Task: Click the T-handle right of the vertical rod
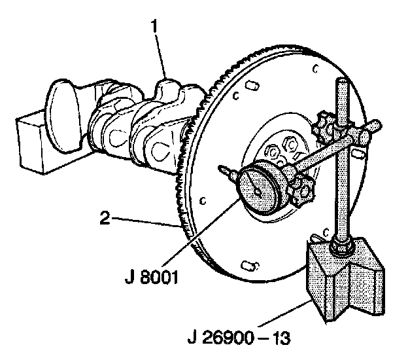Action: pyautogui.click(x=370, y=126)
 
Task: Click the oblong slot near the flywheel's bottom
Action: pyautogui.click(x=249, y=265)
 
